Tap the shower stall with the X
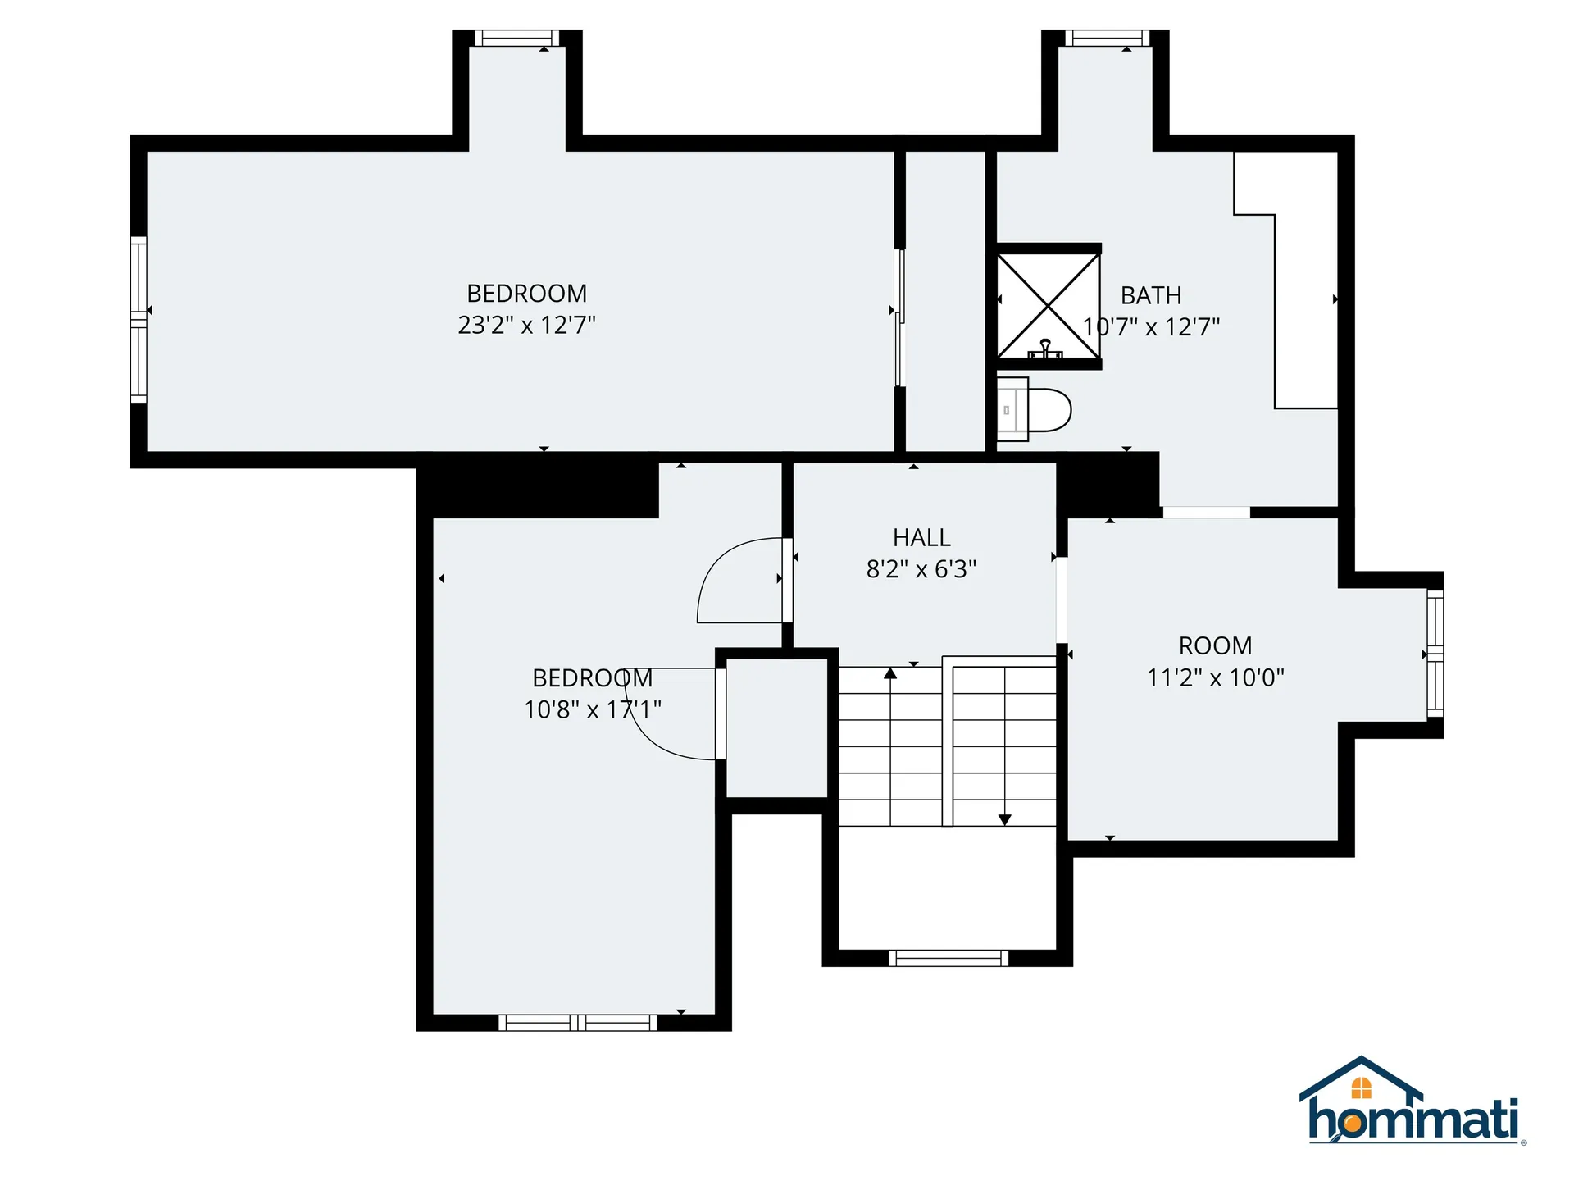1048,306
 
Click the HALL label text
921,537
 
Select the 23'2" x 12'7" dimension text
526,325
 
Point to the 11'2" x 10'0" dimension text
1215,677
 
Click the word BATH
1151,295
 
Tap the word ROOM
1215,645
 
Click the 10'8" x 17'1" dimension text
592,709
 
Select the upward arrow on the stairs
890,674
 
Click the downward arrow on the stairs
1004,818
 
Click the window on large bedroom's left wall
139,319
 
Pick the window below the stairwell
948,958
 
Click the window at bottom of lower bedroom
578,1023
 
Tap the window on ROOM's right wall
1435,654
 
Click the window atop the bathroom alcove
1107,38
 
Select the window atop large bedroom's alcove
516,38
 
